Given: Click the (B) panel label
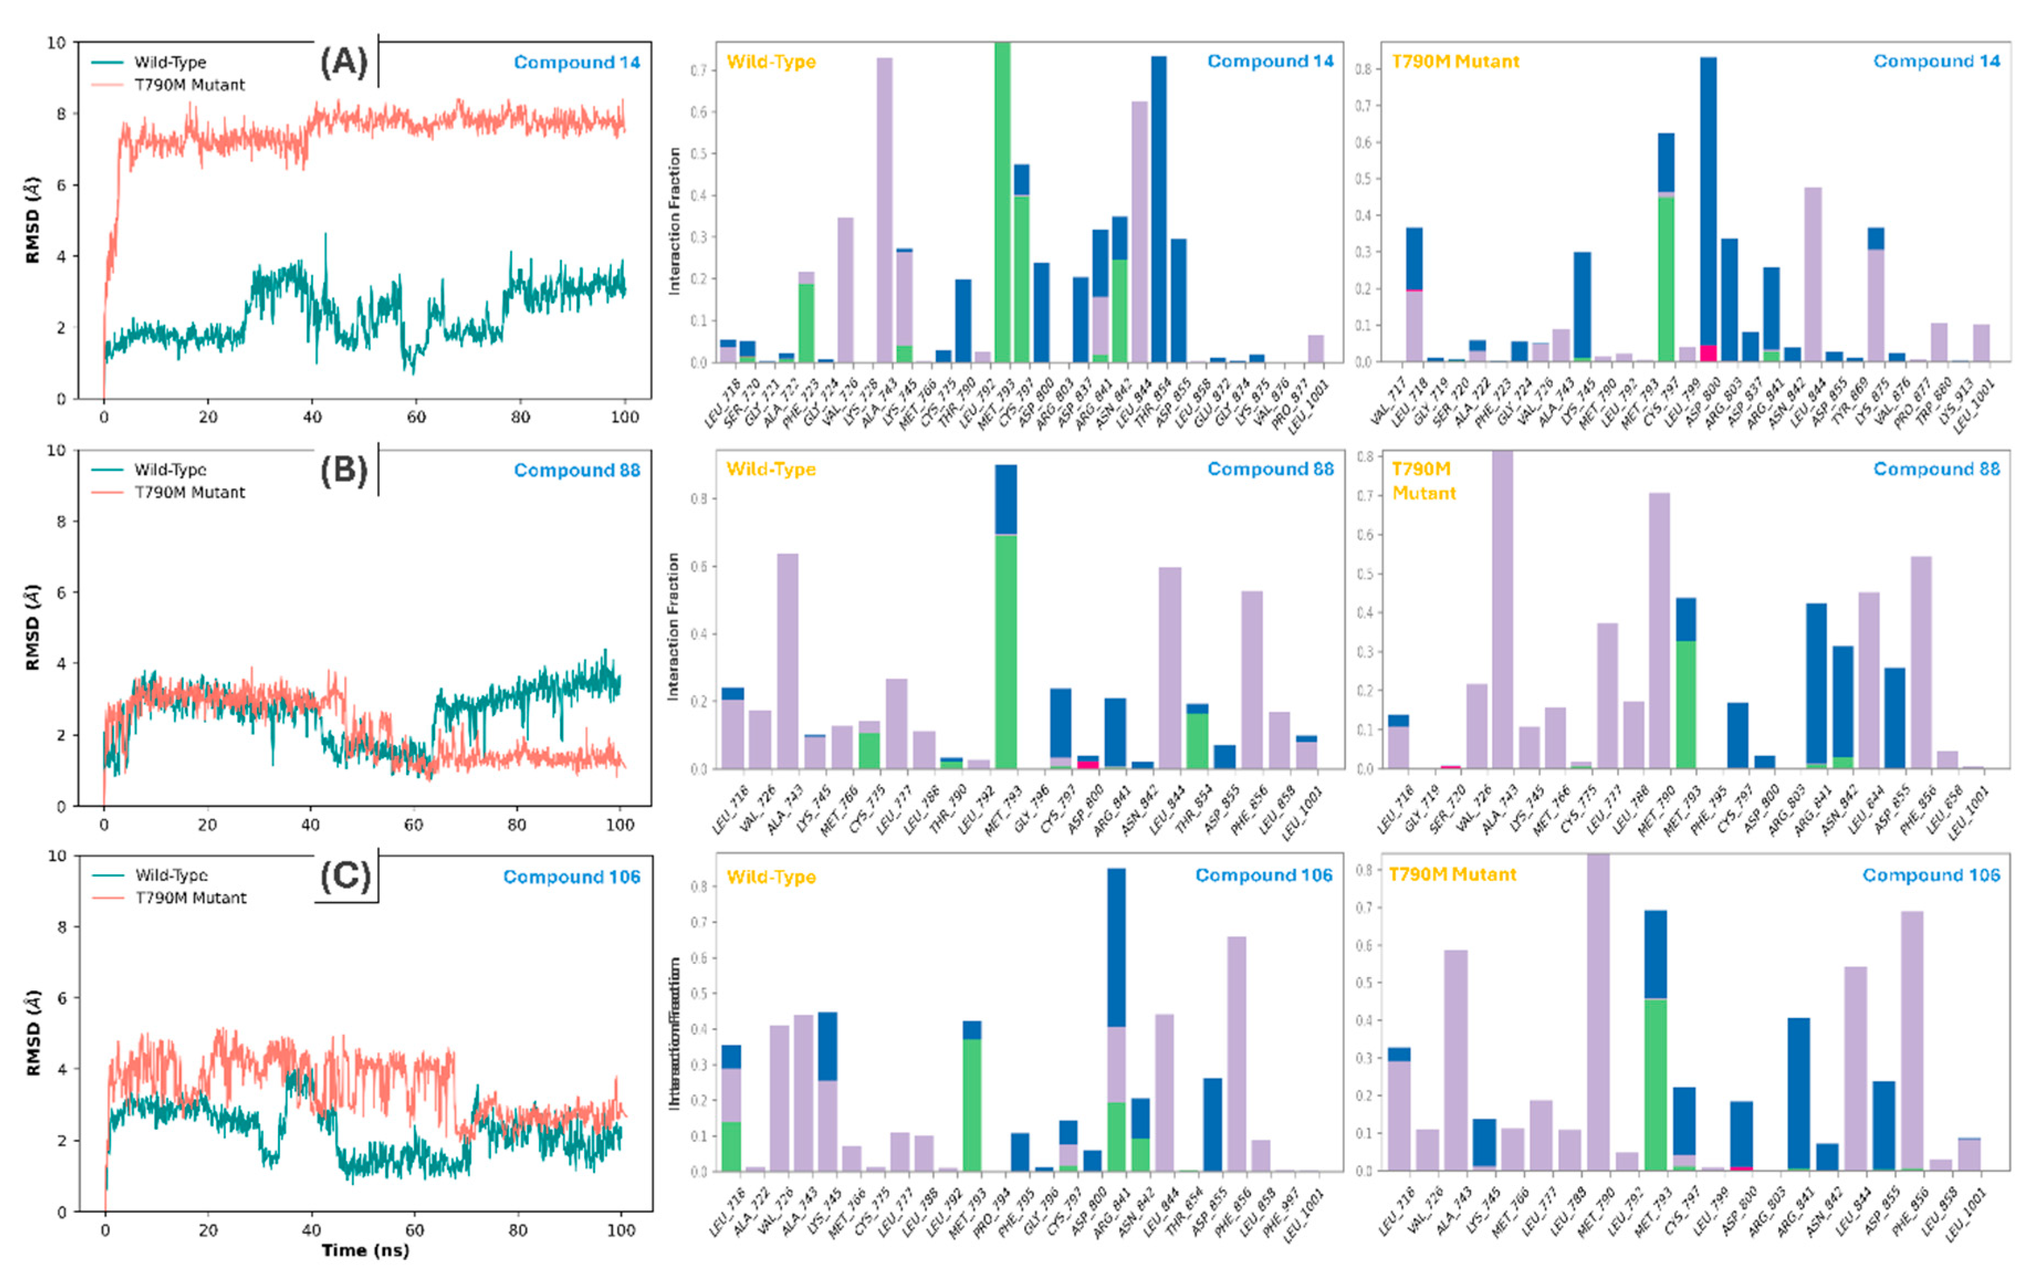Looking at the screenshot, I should point(343,470).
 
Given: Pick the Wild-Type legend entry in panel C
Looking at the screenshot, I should point(171,875).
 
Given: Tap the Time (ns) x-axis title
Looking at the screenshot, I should point(365,1250).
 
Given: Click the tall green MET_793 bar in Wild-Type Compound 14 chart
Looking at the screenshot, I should point(1002,203).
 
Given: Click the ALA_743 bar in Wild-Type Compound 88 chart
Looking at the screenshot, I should point(787,660).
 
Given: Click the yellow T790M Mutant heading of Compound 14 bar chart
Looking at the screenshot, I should point(1455,62).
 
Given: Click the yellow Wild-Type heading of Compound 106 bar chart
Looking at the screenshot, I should point(771,877).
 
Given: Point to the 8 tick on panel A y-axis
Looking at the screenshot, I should point(61,113).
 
